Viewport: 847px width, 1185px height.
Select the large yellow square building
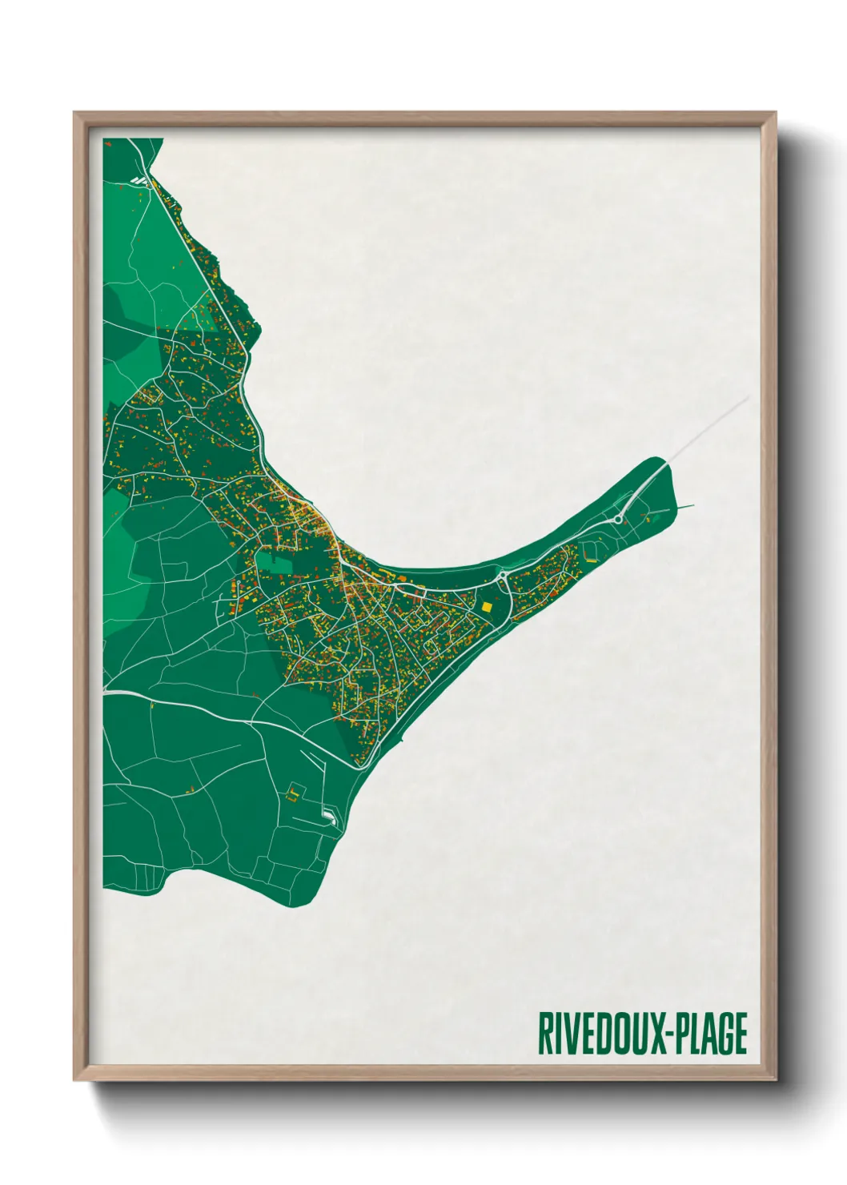(486, 607)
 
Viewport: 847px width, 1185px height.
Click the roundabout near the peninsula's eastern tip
(618, 520)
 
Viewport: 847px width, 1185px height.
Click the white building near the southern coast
(329, 815)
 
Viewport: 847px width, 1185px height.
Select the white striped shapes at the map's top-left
(142, 181)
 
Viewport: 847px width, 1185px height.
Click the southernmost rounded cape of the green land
(296, 901)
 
